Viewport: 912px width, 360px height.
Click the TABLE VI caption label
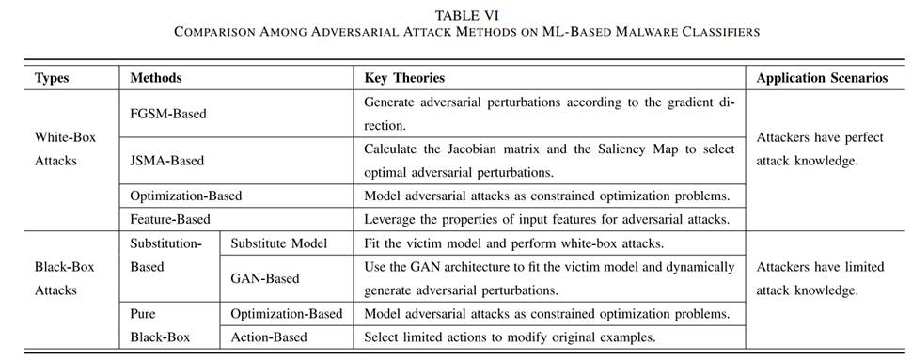click(x=455, y=15)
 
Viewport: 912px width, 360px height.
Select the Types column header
click(x=52, y=78)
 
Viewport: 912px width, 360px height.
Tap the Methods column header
click(x=156, y=78)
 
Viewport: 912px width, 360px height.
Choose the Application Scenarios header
click(x=822, y=78)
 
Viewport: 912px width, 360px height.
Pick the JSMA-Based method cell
click(x=167, y=161)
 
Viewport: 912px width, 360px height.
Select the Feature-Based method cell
click(x=168, y=219)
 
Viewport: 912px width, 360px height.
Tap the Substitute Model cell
click(x=279, y=243)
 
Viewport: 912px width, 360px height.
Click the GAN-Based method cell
click(x=265, y=278)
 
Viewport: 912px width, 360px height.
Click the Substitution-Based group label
click(x=165, y=255)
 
